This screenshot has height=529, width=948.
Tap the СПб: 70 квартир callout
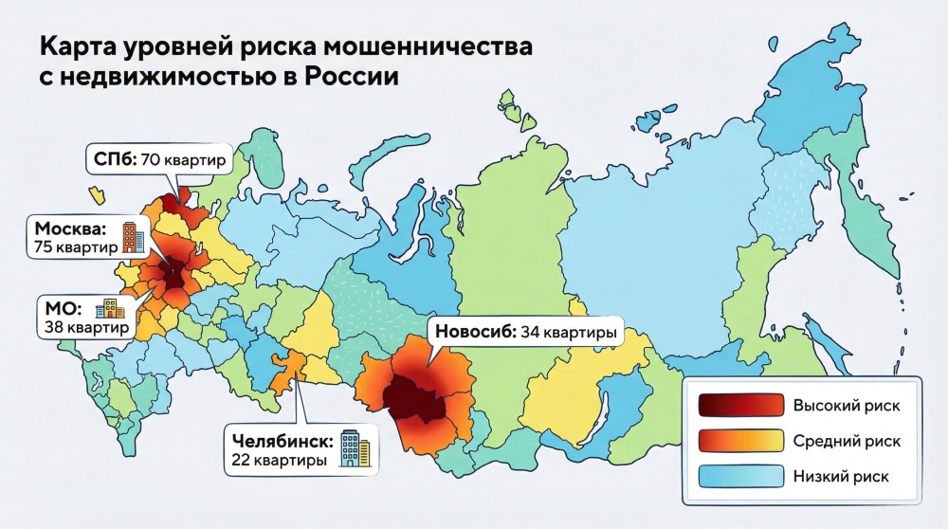(158, 160)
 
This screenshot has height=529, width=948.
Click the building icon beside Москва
(132, 236)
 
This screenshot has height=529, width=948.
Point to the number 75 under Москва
(43, 247)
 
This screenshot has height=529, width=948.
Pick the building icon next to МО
(109, 309)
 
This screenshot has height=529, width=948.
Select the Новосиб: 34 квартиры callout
(525, 333)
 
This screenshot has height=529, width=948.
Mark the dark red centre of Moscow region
(175, 276)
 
